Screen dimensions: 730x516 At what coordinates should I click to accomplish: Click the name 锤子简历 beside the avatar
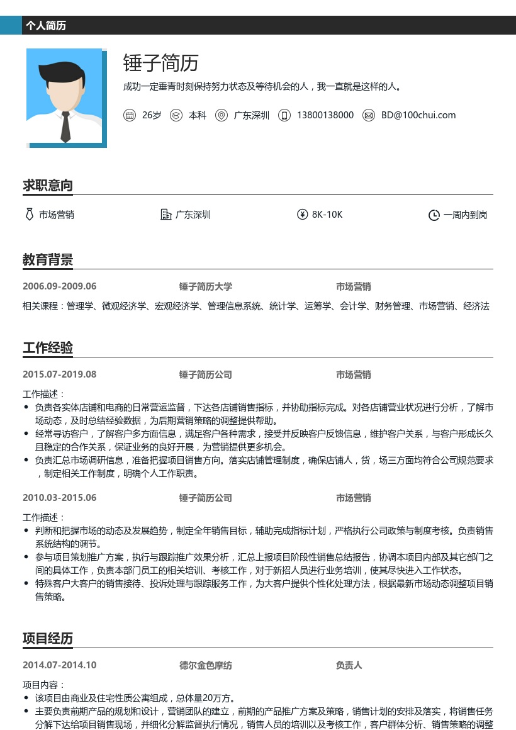point(160,63)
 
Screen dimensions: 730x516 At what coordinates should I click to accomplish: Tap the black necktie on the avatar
point(65,126)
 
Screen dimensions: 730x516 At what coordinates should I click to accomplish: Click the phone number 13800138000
point(325,115)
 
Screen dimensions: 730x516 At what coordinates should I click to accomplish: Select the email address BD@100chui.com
point(418,115)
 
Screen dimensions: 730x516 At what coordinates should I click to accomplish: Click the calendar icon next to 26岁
point(130,115)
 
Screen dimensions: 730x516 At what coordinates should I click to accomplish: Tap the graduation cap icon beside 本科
point(176,115)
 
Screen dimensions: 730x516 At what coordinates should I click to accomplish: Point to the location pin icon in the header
point(221,115)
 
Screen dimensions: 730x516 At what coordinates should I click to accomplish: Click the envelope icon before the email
point(369,115)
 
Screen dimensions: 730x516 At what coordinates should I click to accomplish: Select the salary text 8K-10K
point(327,215)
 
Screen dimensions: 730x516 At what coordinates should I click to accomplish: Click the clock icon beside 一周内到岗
point(434,215)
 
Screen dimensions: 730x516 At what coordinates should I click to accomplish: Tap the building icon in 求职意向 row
point(166,215)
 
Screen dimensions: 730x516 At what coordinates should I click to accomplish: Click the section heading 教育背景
point(48,259)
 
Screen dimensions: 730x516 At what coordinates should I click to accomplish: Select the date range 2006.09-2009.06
point(59,286)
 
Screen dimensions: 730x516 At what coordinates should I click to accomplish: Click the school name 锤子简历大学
point(205,286)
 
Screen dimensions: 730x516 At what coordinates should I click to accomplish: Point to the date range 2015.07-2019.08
point(59,374)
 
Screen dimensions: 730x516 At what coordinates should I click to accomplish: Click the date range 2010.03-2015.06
point(59,498)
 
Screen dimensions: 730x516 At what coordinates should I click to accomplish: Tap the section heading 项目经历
point(48,638)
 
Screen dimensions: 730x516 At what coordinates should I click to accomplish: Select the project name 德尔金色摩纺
point(205,665)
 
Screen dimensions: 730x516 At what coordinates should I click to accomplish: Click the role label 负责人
point(349,665)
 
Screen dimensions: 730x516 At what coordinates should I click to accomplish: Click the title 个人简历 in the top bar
point(46,26)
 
